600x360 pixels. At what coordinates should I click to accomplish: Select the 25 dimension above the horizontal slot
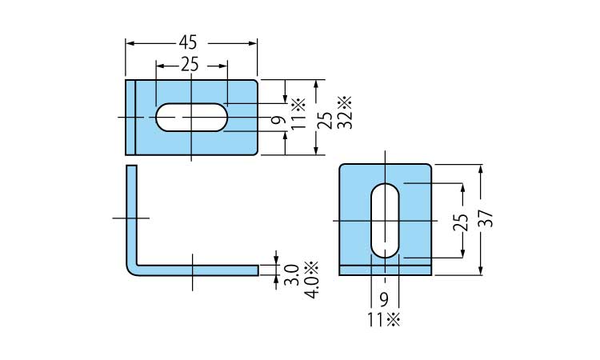[x=190, y=66]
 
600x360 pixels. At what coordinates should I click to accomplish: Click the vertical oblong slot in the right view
[x=386, y=220]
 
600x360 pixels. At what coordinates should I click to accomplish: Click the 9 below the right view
[x=384, y=300]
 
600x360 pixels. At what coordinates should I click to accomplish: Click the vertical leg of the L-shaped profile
[x=131, y=212]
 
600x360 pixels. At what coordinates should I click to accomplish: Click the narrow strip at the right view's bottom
[x=386, y=270]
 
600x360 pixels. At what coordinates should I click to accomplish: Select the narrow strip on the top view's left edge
[x=131, y=117]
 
